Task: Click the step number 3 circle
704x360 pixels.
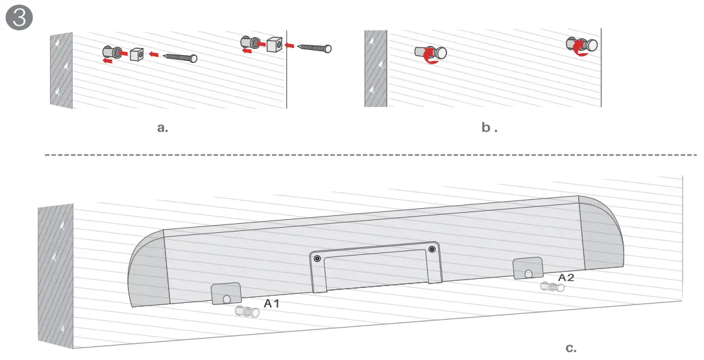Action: tap(19, 18)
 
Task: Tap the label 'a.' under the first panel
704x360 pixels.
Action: tap(163, 128)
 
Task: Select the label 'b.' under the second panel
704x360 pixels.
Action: tap(489, 128)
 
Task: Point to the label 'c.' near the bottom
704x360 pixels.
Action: tap(571, 348)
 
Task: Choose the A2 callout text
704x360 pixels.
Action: tap(566, 277)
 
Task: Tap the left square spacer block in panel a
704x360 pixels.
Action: tap(137, 54)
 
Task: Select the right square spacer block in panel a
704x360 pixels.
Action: tap(274, 44)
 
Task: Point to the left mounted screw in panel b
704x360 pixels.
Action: tap(431, 54)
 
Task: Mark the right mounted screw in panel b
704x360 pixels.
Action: tap(583, 45)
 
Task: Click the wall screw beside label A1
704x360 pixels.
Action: tap(247, 312)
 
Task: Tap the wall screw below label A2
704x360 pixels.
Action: tap(552, 286)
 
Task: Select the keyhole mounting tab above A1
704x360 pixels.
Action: tap(226, 294)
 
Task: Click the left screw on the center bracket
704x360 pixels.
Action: tap(317, 259)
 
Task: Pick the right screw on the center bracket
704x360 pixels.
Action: tap(431, 248)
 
